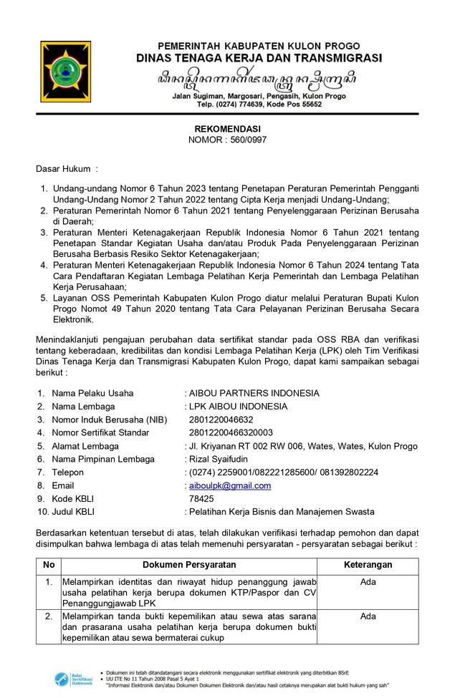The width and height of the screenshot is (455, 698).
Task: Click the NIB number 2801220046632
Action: (x=221, y=420)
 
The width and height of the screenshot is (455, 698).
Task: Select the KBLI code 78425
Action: (x=201, y=498)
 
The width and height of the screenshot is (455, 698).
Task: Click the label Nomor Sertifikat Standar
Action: (x=103, y=432)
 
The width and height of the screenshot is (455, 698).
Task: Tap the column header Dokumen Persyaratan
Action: (x=189, y=565)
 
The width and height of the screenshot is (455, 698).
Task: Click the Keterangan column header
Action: (x=368, y=565)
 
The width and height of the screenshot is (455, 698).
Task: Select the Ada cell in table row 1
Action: (x=368, y=582)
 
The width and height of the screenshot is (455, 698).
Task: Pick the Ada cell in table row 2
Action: (x=368, y=616)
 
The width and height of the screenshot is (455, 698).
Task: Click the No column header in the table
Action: (x=49, y=565)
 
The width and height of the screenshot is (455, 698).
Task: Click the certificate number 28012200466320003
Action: (x=231, y=432)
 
